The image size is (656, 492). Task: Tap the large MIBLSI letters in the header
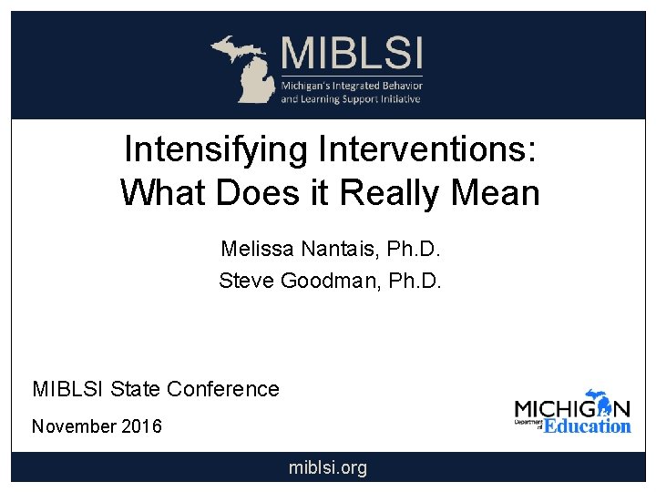coord(352,53)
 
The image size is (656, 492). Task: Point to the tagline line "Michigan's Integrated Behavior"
coord(351,84)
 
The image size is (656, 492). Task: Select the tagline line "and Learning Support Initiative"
coord(351,98)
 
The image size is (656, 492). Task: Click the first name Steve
coord(247,282)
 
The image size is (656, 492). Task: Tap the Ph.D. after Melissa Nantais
coord(415,249)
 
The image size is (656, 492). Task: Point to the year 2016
coord(143,426)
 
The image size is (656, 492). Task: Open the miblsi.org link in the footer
coord(328,468)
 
